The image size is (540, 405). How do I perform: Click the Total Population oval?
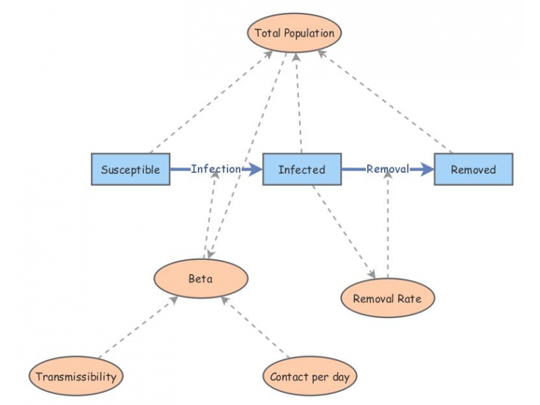pyautogui.click(x=294, y=32)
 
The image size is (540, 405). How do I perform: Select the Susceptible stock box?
pyautogui.click(x=130, y=169)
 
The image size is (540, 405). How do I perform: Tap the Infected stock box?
pyautogui.click(x=301, y=169)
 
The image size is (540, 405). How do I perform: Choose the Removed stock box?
pyautogui.click(x=473, y=169)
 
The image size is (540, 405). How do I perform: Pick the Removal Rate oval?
pyautogui.click(x=387, y=298)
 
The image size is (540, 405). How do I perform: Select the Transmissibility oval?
pyautogui.click(x=76, y=377)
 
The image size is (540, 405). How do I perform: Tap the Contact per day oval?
pyautogui.click(x=310, y=377)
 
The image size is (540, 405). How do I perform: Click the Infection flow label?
pyautogui.click(x=215, y=169)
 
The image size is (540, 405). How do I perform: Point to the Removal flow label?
pyautogui.click(x=387, y=169)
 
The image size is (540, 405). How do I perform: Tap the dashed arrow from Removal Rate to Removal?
pyautogui.click(x=387, y=223)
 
